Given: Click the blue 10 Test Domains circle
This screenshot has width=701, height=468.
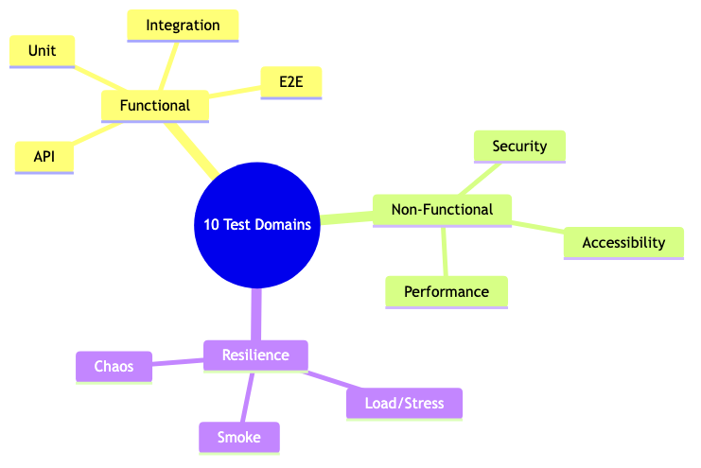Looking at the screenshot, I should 256,225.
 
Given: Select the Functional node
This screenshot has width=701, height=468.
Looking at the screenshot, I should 155,105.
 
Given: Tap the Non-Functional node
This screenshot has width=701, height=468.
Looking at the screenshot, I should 443,210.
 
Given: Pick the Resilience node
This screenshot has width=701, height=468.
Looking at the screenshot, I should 255,354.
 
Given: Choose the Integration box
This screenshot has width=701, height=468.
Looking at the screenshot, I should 183,25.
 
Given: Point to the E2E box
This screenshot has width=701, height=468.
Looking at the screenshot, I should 290,82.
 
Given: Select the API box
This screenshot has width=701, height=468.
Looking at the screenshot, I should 44,156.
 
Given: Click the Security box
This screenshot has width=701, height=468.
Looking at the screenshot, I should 519,146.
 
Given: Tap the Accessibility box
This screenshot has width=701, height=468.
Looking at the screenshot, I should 623,242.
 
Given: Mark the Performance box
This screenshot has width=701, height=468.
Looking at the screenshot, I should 447,291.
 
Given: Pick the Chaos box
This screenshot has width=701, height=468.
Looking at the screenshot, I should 114,366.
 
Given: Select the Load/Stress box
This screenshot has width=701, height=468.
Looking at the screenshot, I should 404,403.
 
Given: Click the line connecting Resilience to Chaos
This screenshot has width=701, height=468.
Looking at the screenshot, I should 178,361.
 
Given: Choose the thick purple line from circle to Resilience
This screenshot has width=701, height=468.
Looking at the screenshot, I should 255,315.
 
